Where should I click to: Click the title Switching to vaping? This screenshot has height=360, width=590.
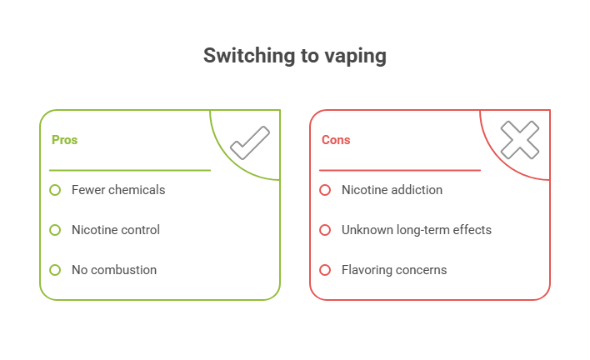click(x=295, y=56)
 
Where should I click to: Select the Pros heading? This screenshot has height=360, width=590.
click(x=64, y=140)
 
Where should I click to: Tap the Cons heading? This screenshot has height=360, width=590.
click(x=336, y=140)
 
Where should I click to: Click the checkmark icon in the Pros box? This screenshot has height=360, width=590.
click(x=249, y=142)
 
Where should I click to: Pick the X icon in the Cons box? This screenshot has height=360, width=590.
click(x=519, y=141)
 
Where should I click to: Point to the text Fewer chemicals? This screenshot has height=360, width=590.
click(x=117, y=190)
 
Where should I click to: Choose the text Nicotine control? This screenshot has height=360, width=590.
click(x=115, y=230)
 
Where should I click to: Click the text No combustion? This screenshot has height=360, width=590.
click(x=113, y=270)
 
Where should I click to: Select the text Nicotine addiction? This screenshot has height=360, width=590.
click(x=391, y=190)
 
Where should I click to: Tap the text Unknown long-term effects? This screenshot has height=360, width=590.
click(x=416, y=230)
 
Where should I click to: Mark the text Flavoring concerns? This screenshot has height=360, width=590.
click(x=393, y=270)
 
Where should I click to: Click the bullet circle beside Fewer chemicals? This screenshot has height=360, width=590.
click(x=55, y=190)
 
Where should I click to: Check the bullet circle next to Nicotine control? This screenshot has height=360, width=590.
click(x=55, y=230)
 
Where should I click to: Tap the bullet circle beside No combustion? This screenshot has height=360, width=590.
click(x=55, y=270)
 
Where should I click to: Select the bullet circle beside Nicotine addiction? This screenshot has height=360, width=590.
click(x=325, y=190)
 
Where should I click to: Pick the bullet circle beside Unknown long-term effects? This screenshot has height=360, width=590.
click(x=325, y=230)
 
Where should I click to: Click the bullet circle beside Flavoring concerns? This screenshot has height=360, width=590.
click(x=325, y=270)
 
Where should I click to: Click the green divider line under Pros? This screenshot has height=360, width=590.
click(x=129, y=170)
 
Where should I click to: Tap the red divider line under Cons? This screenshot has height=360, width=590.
click(x=399, y=170)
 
